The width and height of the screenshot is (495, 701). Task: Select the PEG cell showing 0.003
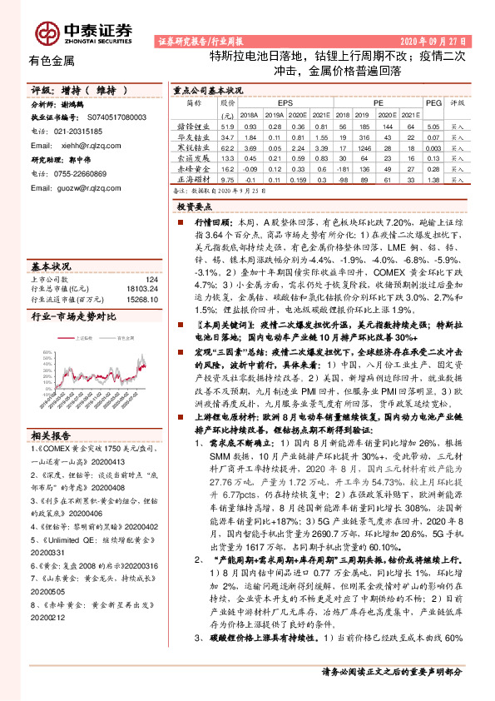433,147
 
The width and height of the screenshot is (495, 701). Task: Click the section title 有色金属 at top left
52,61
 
